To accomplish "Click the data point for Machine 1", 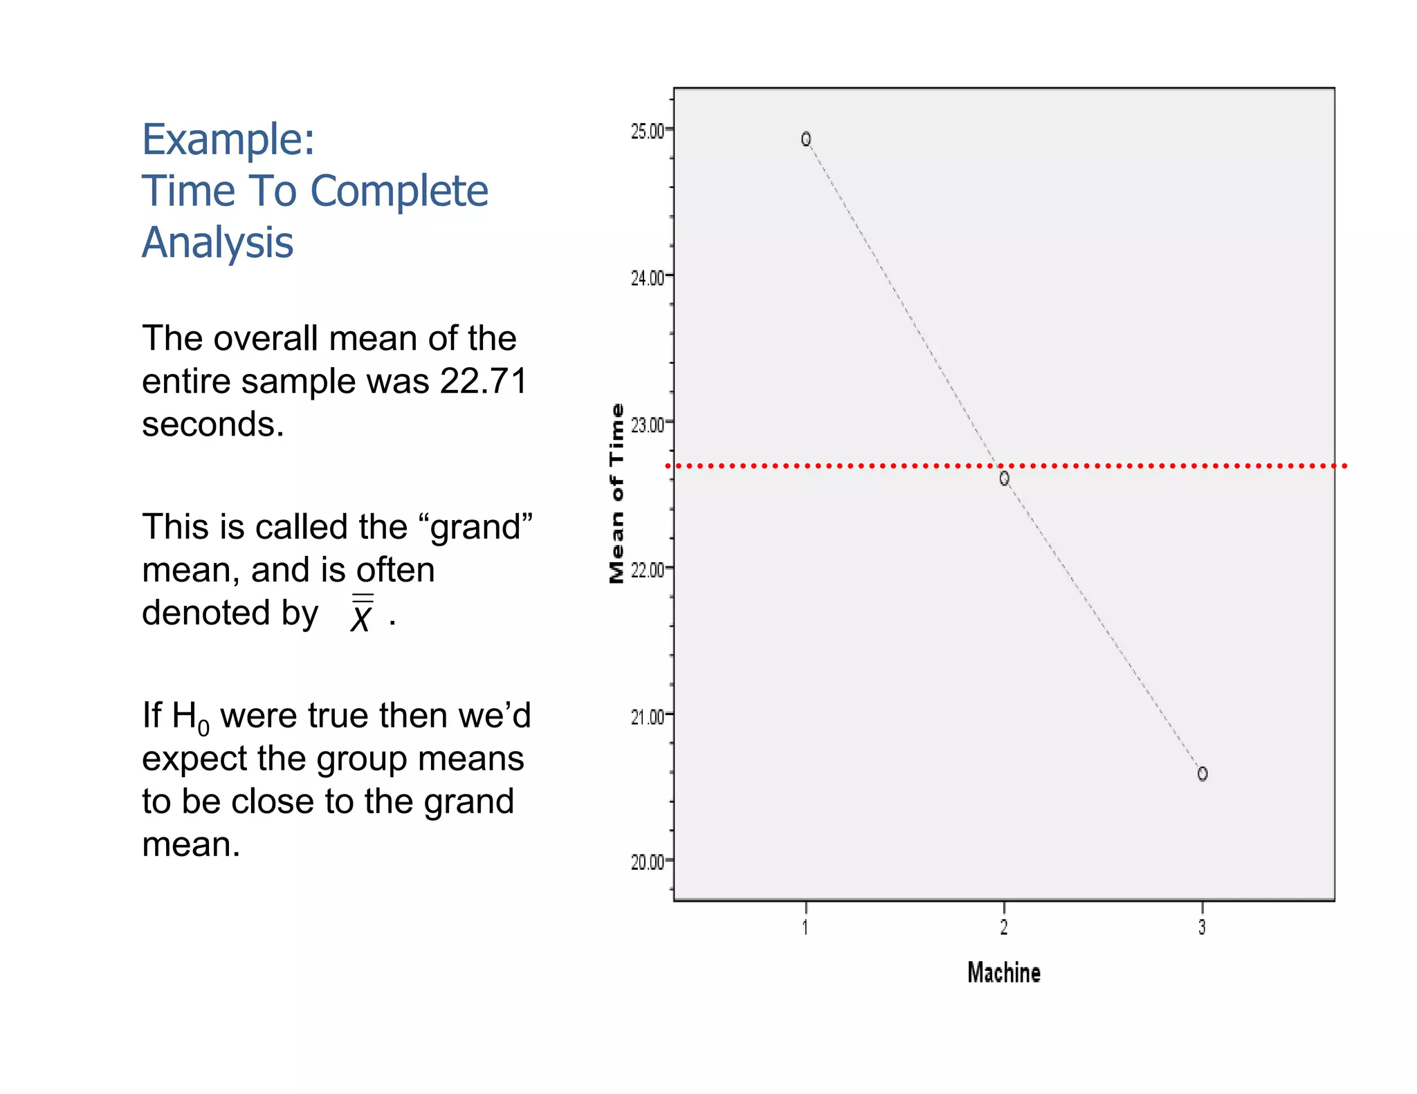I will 806,140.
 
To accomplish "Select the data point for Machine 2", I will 1005,479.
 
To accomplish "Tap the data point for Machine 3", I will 1203,774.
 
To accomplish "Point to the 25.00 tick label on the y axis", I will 647,131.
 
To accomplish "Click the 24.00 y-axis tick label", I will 647,277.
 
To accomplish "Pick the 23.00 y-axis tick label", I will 647,424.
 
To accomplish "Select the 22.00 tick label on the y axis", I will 647,570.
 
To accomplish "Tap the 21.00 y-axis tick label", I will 647,716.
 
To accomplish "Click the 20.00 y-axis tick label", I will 647,862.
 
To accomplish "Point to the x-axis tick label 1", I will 805,927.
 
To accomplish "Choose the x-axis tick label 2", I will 1004,927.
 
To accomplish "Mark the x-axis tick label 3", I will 1202,927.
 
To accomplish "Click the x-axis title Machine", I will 1004,973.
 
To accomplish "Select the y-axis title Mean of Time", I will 616,493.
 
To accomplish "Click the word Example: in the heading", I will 228,140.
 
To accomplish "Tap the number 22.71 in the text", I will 484,381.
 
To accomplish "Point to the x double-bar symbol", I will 362,613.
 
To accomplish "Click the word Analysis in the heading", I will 218,243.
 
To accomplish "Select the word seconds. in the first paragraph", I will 213,424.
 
